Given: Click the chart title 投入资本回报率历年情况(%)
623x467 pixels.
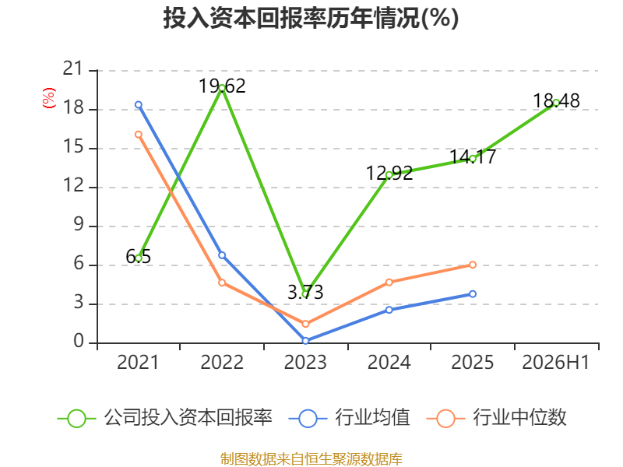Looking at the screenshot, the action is coord(311,18).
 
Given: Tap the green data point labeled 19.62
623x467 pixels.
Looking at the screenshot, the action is coord(222,88).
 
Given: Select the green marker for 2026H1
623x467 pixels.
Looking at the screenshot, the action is coord(556,103).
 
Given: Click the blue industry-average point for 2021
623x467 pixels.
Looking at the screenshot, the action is coord(139,105).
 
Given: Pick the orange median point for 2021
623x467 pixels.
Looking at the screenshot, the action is coord(139,135).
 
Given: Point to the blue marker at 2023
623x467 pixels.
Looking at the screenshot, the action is coord(305,341).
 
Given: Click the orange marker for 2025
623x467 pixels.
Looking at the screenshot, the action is coord(473,265).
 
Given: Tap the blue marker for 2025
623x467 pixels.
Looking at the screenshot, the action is coord(473,294).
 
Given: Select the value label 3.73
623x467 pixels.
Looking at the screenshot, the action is coord(305,293).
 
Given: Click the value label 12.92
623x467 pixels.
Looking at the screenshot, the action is coord(389,173).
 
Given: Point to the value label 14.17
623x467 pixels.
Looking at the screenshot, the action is coord(473,156).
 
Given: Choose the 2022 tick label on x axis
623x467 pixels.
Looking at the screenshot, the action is coord(222,362).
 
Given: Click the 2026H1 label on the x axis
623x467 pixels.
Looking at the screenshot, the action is coord(555,362).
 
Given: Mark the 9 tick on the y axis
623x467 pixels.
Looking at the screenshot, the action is coord(79,225).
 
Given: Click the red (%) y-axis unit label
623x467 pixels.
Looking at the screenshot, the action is coord(49,98).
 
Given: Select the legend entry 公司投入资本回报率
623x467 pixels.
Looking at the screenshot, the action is coord(165,418).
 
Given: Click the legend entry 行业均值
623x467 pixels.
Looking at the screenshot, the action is coord(349,418).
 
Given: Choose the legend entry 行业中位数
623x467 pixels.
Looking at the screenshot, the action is coord(496,418).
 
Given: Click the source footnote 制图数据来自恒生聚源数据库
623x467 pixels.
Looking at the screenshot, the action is coord(311,459).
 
